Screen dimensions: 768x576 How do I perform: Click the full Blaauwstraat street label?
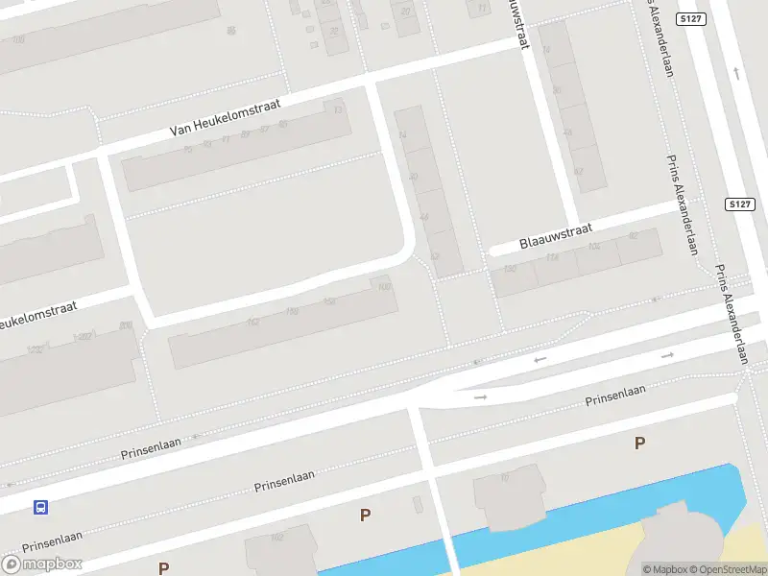(556, 234)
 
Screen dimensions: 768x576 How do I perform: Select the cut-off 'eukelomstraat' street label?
(48, 313)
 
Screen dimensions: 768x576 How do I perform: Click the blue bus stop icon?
(41, 507)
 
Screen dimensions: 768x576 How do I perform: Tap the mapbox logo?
(42, 564)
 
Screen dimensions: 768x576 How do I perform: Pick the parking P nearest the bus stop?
(163, 568)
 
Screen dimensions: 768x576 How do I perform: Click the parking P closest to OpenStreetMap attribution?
(639, 443)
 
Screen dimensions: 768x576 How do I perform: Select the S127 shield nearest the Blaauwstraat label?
(737, 204)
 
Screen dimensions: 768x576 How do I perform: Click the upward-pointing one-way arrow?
(736, 72)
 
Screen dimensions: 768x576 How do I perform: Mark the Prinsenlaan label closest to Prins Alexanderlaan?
(615, 396)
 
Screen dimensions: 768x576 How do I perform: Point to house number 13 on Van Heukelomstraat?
(338, 109)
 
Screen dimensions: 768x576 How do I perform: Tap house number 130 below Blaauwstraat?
(510, 269)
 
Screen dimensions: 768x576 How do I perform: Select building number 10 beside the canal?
(504, 477)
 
